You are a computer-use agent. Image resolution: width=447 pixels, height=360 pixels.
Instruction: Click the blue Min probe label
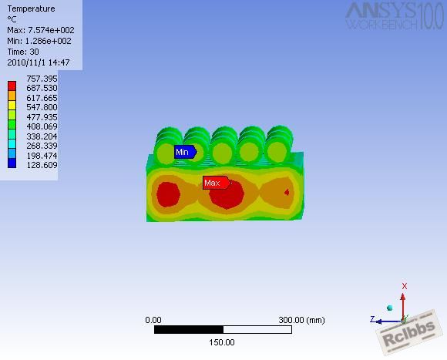[185, 152]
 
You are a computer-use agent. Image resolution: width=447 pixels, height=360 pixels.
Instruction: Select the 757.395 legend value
[42, 79]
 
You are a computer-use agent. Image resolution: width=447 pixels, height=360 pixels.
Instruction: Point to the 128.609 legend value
[42, 165]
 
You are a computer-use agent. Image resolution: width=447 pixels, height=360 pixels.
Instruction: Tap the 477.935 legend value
[42, 117]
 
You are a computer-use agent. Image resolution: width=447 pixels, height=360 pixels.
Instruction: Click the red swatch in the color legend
[12, 86]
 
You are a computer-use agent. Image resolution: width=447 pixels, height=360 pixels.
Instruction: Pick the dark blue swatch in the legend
[12, 163]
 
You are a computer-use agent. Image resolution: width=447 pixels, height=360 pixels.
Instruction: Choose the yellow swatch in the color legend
[12, 105]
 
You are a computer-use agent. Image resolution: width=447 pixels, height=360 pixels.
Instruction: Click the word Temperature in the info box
[31, 8]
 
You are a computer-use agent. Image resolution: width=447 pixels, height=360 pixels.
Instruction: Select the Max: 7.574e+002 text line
[41, 30]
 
